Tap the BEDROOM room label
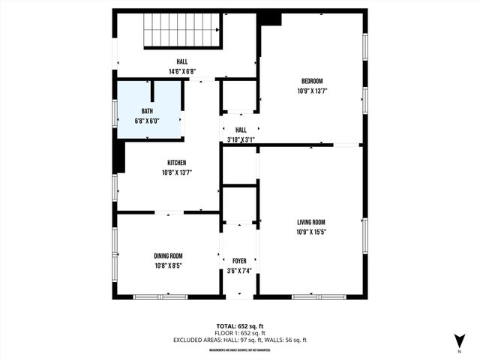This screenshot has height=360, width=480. click(312, 81)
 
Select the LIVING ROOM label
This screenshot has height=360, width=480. click(311, 222)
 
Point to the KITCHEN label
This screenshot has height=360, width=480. click(176, 163)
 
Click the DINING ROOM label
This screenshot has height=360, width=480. click(168, 256)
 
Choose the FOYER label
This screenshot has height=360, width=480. click(239, 261)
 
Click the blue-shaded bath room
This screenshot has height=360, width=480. click(148, 109)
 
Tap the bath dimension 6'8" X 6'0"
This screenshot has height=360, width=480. click(148, 121)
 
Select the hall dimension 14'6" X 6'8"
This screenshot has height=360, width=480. click(182, 71)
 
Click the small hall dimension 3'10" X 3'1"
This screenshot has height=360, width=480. click(241, 139)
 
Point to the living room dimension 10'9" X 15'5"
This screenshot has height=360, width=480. click(311, 232)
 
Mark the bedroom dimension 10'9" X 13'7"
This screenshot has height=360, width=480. click(312, 91)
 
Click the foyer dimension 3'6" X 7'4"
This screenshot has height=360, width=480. click(239, 271)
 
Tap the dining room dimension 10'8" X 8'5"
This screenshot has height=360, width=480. click(168, 265)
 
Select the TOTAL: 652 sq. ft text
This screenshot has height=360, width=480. click(240, 326)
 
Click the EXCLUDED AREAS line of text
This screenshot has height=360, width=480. click(240, 340)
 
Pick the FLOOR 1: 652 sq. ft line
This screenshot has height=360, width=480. click(240, 333)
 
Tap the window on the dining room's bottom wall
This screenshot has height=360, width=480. click(160, 297)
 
